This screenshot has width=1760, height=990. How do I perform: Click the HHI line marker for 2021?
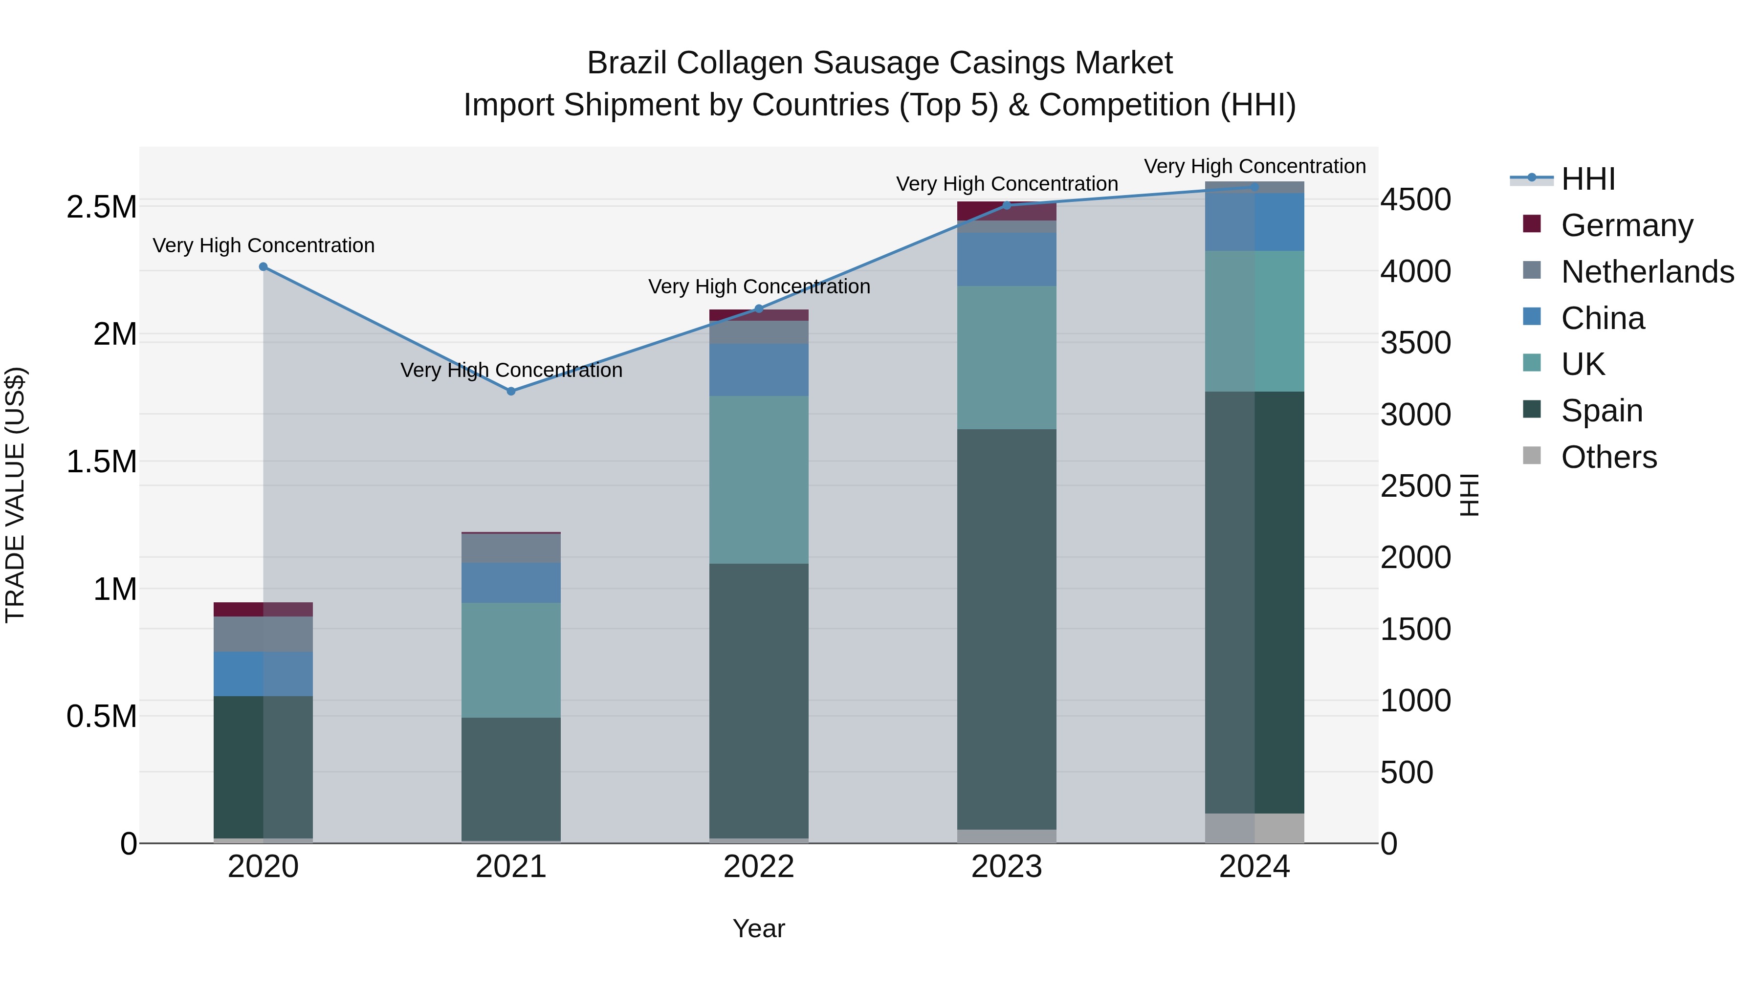(511, 391)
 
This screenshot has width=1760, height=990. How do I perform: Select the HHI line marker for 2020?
(263, 266)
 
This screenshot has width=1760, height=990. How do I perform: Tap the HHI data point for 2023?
(1007, 205)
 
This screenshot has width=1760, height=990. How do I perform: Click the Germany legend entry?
(1626, 225)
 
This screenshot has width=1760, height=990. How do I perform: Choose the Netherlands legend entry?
(1647, 272)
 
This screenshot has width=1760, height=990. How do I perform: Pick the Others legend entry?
(1608, 457)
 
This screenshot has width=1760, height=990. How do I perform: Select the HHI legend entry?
(1588, 179)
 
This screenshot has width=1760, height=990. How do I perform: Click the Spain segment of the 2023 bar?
(1007, 629)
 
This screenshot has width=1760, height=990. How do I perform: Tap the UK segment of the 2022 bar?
(758, 480)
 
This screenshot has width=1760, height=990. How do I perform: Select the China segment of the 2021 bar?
(511, 582)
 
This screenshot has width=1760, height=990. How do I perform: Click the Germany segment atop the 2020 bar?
(263, 609)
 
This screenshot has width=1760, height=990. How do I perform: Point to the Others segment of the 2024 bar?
(1254, 828)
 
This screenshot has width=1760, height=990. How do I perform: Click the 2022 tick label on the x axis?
(758, 867)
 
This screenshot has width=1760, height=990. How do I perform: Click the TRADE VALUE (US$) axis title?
(15, 495)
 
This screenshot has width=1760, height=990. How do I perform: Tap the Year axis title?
(758, 928)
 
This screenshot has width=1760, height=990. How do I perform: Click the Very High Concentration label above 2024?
(1254, 166)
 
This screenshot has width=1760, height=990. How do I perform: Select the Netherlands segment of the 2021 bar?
(511, 548)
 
